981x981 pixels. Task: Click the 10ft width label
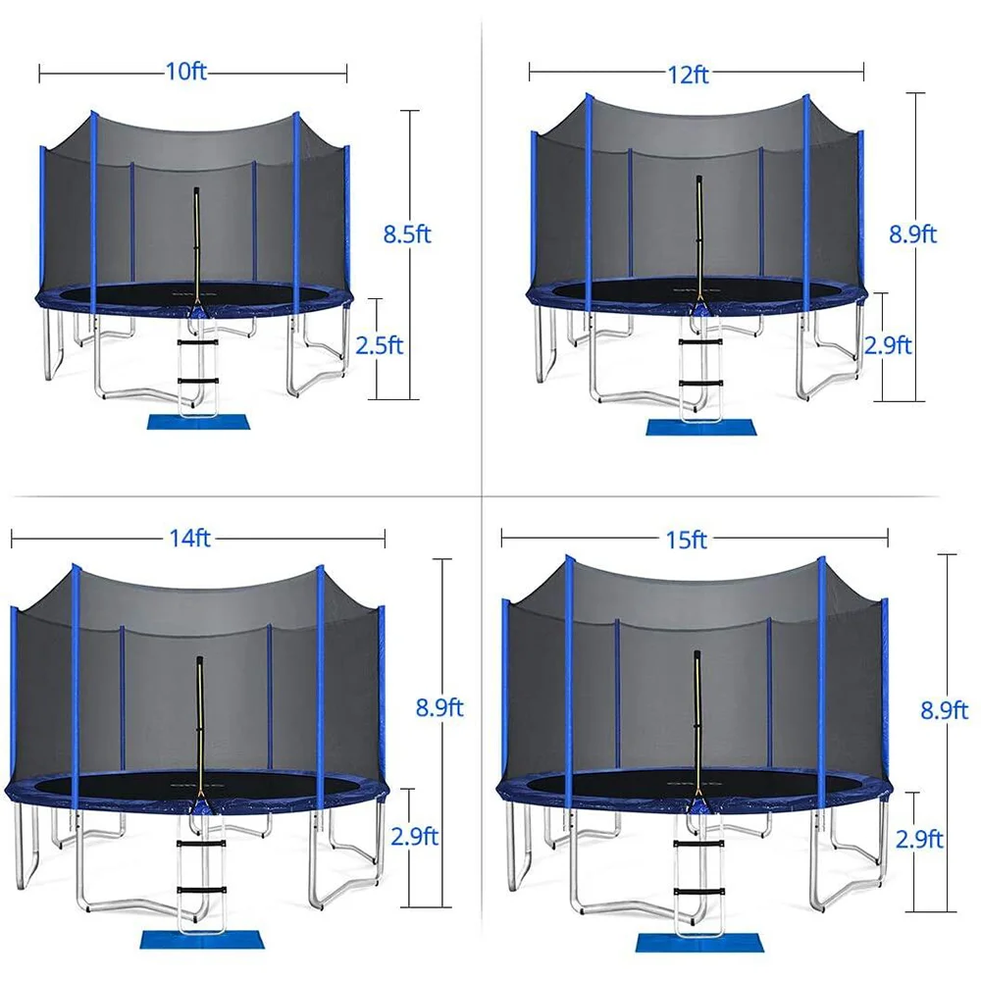(x=187, y=72)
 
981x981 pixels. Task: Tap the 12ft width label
(x=689, y=75)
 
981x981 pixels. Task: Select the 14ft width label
(x=190, y=537)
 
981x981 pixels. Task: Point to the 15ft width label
(x=686, y=539)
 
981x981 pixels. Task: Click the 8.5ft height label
(x=407, y=233)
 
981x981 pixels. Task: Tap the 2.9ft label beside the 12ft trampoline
(x=887, y=345)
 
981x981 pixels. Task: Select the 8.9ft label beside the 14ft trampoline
(x=439, y=707)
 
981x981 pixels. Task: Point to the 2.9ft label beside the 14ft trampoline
(x=414, y=837)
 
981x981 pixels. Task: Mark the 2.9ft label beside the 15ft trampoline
(x=919, y=839)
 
